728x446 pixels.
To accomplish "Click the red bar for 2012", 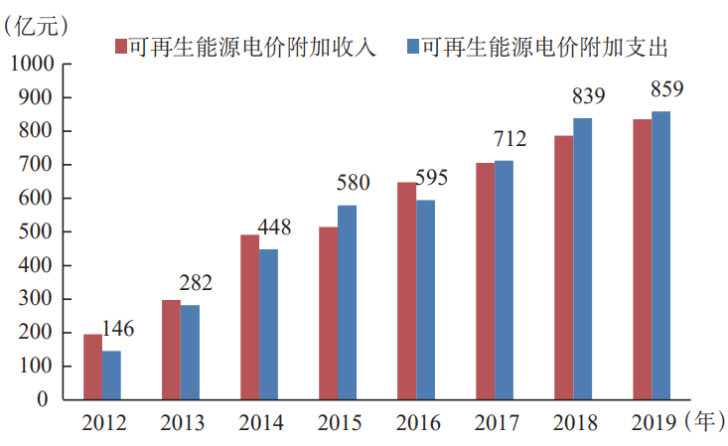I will [92, 367].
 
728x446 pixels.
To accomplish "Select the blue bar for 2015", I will [347, 302].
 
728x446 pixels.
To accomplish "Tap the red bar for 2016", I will [406, 291].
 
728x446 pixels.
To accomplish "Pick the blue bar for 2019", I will [660, 255].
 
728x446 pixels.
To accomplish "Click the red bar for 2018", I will [563, 267].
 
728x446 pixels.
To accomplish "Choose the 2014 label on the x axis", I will [260, 424].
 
